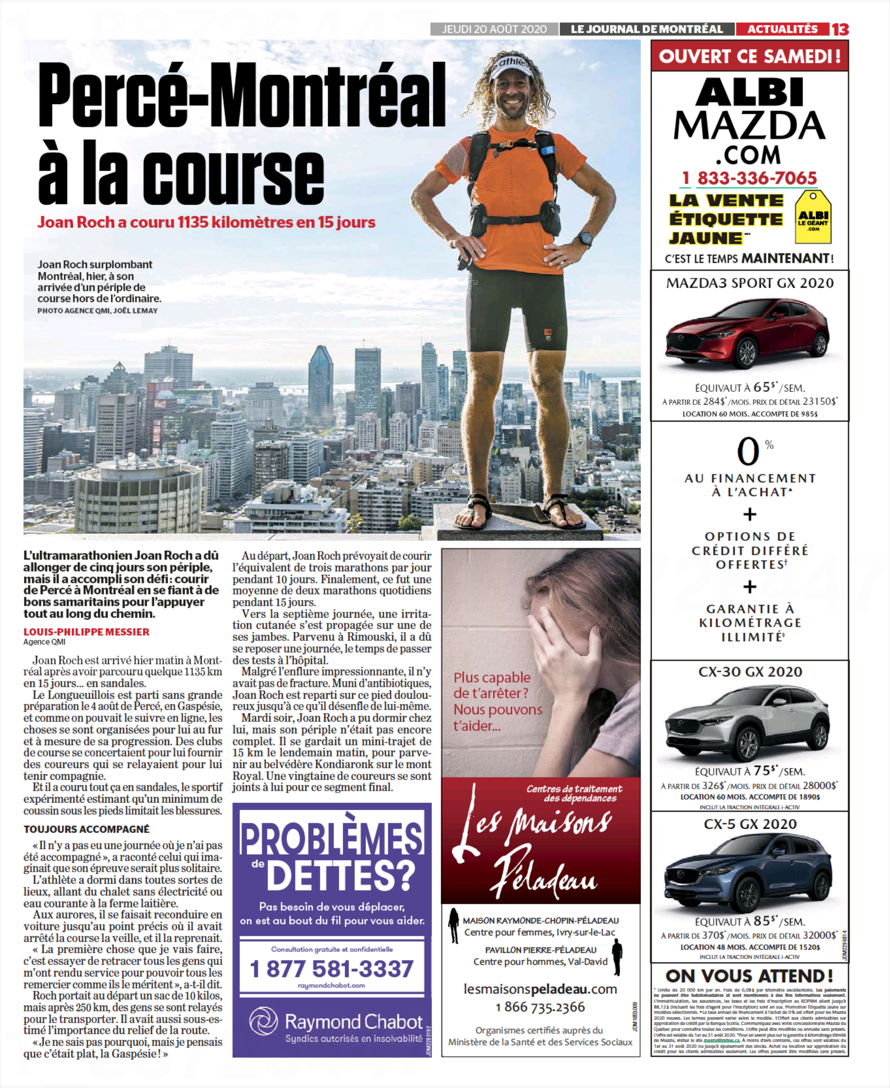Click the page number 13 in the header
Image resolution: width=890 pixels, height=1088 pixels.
pos(840,29)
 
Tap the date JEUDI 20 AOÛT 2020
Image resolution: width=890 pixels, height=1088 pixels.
pos(494,29)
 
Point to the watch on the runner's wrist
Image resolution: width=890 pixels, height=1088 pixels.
pos(585,239)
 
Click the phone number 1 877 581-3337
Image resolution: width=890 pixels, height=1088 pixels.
pos(332,968)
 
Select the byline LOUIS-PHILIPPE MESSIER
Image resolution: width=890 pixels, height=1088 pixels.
pos(86,632)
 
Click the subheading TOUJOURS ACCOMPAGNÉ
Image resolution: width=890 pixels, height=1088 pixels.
pos(86,829)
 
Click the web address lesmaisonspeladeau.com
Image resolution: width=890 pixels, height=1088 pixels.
pos(540,989)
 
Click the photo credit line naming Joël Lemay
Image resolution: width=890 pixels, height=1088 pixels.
pos(97,311)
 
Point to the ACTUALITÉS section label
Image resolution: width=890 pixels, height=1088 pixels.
pos(782,29)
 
